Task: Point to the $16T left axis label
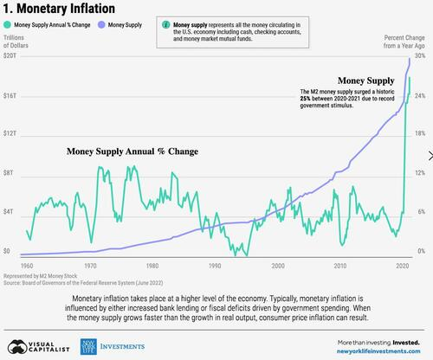click(x=11, y=95)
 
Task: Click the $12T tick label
click(x=11, y=134)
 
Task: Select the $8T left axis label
click(x=10, y=173)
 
